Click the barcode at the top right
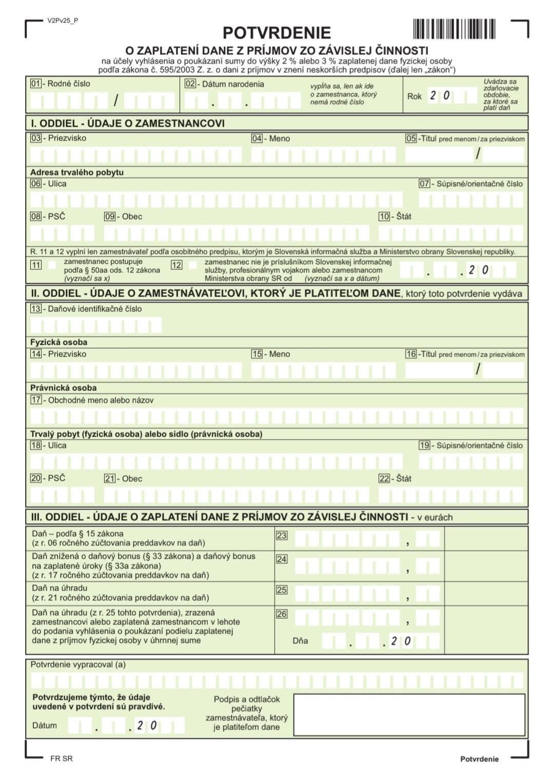click(454, 29)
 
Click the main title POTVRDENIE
click(276, 33)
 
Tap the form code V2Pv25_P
click(63, 21)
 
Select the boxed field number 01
click(35, 84)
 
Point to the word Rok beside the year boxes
click(414, 96)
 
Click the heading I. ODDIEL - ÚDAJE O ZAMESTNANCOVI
click(128, 123)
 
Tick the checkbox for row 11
click(52, 265)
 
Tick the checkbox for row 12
click(192, 265)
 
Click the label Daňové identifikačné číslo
click(94, 309)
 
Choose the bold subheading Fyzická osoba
click(58, 342)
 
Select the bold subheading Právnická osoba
click(63, 388)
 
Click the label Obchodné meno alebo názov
click(101, 400)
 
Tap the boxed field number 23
click(282, 536)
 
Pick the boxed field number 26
click(282, 614)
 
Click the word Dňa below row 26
click(300, 641)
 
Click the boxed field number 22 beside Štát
click(384, 479)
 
